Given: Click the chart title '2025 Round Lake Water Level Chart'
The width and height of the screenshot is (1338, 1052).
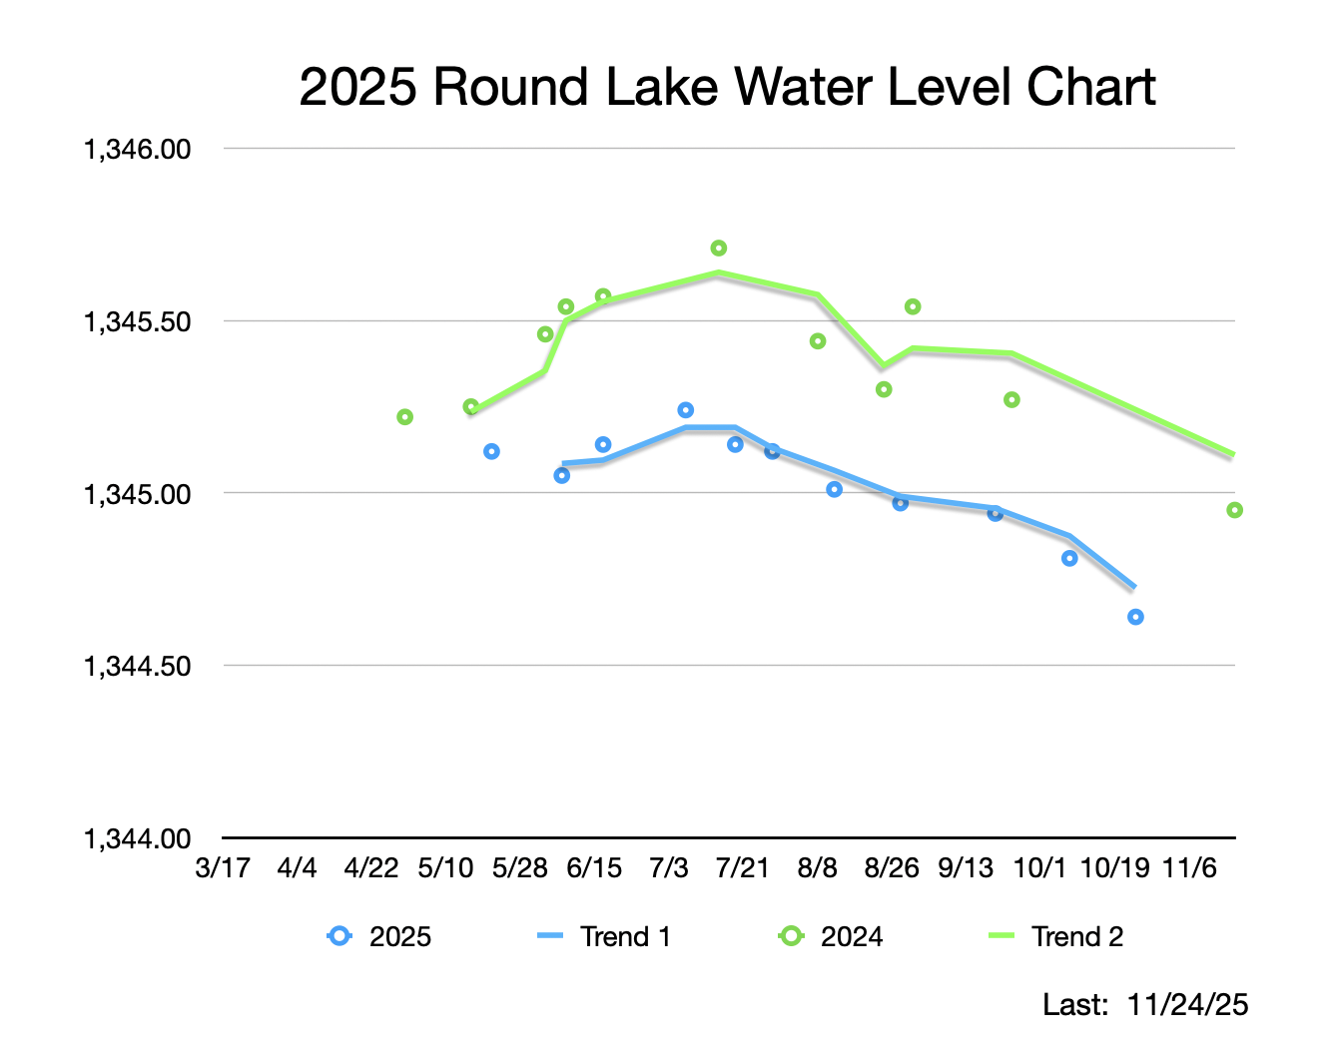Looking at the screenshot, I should coord(727,87).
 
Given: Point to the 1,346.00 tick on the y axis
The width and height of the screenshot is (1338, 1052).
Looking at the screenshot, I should coord(137,149).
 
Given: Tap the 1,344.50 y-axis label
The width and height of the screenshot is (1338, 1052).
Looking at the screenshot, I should coord(137,666).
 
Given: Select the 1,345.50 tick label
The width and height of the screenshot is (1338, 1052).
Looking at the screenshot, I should coord(137,321).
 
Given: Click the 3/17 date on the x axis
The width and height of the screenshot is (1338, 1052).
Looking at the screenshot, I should coord(222,867).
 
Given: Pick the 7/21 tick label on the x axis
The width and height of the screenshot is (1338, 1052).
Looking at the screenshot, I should coord(742,867).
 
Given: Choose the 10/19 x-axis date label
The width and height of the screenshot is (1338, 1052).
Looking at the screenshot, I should coord(1115,867).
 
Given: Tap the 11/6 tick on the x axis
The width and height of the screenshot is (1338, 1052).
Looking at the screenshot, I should coord(1189,867).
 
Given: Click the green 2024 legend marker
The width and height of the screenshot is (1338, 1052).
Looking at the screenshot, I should coord(791,936).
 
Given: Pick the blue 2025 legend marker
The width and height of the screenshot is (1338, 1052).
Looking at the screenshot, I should coord(339,936).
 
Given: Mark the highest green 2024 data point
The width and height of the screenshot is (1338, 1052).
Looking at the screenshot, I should coord(719,248).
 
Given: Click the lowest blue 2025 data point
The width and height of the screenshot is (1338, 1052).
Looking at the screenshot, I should coord(1135,617).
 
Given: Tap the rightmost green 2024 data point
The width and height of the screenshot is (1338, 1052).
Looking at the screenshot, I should coord(1234,510).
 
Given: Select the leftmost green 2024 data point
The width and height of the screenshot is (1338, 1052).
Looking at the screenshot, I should coord(404,416).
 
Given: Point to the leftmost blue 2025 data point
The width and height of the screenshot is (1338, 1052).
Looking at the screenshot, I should coord(491,451).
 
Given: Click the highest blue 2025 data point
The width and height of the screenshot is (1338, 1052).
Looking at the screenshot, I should coord(685,410).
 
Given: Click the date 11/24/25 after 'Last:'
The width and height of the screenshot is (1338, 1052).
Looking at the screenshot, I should coord(1187,1004).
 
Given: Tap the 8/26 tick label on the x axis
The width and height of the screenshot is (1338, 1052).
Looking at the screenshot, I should coord(891,867).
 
